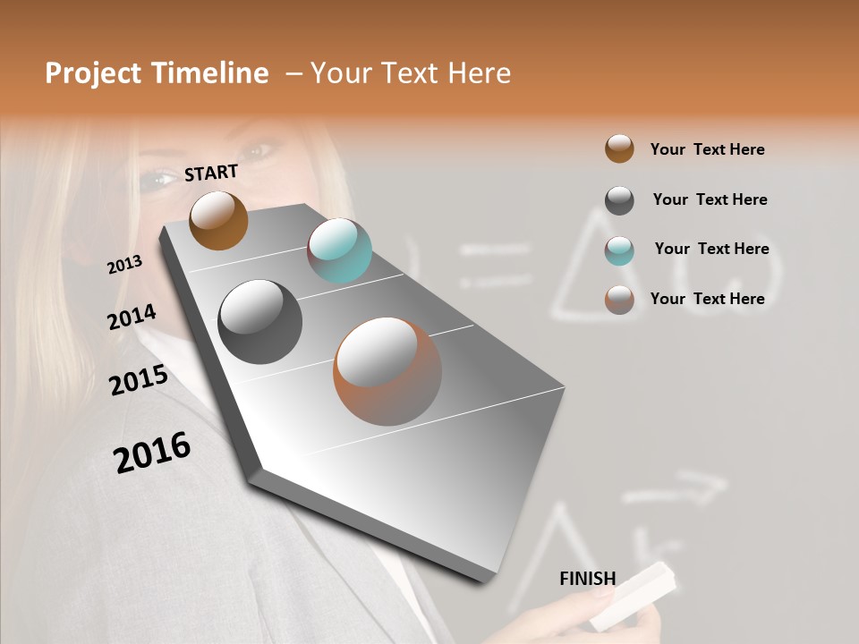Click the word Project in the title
click(x=92, y=73)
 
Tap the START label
click(x=211, y=173)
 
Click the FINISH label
click(x=587, y=579)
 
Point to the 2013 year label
click(x=124, y=264)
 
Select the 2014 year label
click(x=132, y=317)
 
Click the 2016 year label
click(x=152, y=452)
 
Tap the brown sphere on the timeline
click(x=218, y=220)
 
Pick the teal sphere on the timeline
click(x=340, y=250)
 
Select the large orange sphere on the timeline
click(x=387, y=371)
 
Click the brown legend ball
click(x=619, y=148)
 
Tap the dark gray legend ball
click(x=619, y=199)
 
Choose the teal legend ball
click(x=619, y=250)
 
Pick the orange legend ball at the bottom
click(x=619, y=300)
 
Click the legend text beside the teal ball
click(x=711, y=249)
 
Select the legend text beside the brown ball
click(x=707, y=149)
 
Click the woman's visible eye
click(x=158, y=178)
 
